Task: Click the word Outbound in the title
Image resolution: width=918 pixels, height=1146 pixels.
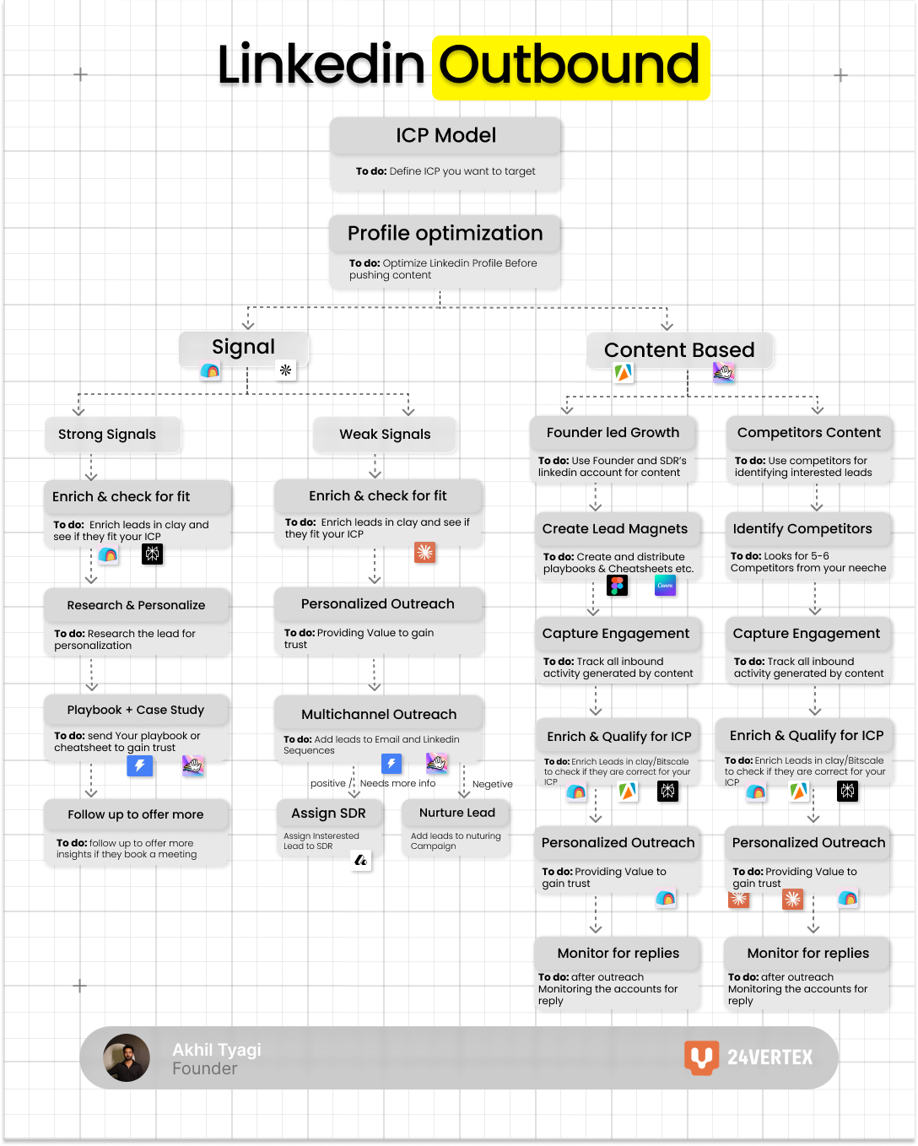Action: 570,66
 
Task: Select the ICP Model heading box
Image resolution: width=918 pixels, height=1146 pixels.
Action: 445,136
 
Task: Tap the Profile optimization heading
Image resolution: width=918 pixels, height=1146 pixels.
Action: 445,234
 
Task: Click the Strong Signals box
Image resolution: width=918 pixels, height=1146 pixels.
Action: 107,435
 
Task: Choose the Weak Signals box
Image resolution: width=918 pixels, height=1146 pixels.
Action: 385,435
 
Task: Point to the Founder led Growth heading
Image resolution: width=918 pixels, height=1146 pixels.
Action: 613,433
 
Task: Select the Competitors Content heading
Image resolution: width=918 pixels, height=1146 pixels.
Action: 808,433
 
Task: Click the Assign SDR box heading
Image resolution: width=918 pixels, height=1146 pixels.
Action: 328,814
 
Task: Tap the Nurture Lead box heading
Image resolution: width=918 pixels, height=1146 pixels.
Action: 457,813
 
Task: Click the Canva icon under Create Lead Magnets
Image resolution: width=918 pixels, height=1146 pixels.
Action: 665,586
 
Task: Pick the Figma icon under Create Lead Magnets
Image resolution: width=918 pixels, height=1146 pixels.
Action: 618,586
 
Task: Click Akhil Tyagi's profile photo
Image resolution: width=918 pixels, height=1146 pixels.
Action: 127,1057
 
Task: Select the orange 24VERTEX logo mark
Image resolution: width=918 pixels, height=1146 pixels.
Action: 701,1057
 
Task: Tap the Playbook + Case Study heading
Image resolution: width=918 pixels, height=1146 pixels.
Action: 136,711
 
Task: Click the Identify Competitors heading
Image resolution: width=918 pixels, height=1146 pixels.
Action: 802,529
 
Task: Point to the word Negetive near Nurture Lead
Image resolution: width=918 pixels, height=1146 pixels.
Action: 493,785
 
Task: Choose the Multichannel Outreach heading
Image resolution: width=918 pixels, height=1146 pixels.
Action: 379,715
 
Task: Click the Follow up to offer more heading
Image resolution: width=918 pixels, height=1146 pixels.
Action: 136,815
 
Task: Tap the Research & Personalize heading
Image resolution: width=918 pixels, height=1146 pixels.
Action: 136,606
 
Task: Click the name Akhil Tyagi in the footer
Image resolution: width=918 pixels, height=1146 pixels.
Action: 217,1050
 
